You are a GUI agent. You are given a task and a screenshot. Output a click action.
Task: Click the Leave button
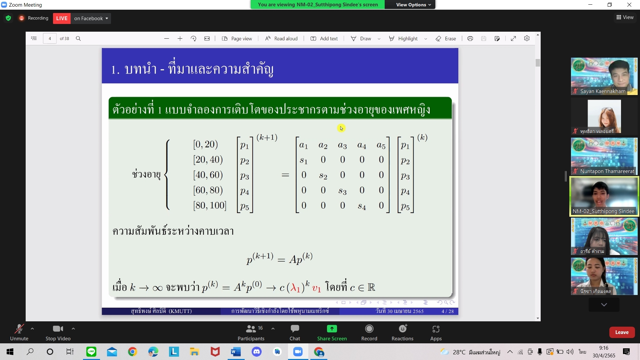pyautogui.click(x=622, y=332)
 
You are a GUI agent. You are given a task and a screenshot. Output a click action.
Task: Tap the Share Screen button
pyautogui.click(x=332, y=333)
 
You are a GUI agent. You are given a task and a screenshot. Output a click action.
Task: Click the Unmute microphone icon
pyautogui.click(x=19, y=329)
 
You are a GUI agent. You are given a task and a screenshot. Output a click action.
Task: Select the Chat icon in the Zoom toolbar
pyautogui.click(x=295, y=329)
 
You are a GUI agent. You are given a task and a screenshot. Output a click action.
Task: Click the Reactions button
pyautogui.click(x=402, y=333)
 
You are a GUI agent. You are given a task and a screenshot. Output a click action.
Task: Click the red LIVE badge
pyautogui.click(x=62, y=18)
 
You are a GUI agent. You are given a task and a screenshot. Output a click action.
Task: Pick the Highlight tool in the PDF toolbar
pyautogui.click(x=407, y=39)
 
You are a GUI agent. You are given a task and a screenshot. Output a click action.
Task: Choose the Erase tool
pyautogui.click(x=446, y=39)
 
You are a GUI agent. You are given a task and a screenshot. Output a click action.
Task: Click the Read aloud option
pyautogui.click(x=281, y=39)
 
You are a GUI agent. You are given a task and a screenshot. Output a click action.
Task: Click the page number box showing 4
pyautogui.click(x=50, y=39)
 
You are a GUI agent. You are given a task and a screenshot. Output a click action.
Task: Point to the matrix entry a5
pyautogui.click(x=381, y=145)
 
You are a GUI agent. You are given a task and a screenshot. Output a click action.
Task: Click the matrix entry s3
pyautogui.click(x=342, y=191)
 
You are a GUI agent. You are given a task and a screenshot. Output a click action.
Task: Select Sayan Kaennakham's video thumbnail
pyautogui.click(x=604, y=76)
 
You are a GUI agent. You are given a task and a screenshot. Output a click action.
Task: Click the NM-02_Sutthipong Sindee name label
pyautogui.click(x=603, y=211)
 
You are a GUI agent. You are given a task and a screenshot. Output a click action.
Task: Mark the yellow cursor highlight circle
pyautogui.click(x=341, y=128)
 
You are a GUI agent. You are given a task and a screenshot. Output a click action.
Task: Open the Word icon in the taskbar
pyautogui.click(x=236, y=352)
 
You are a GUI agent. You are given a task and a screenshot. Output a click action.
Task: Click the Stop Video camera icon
pyautogui.click(x=58, y=329)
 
